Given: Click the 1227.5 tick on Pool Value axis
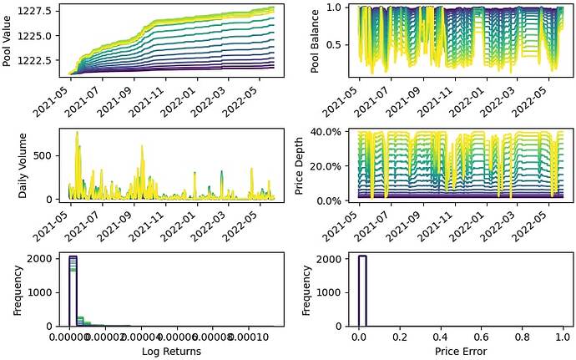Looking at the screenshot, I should point(42,10).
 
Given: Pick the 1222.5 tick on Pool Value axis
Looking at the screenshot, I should point(42,60).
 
